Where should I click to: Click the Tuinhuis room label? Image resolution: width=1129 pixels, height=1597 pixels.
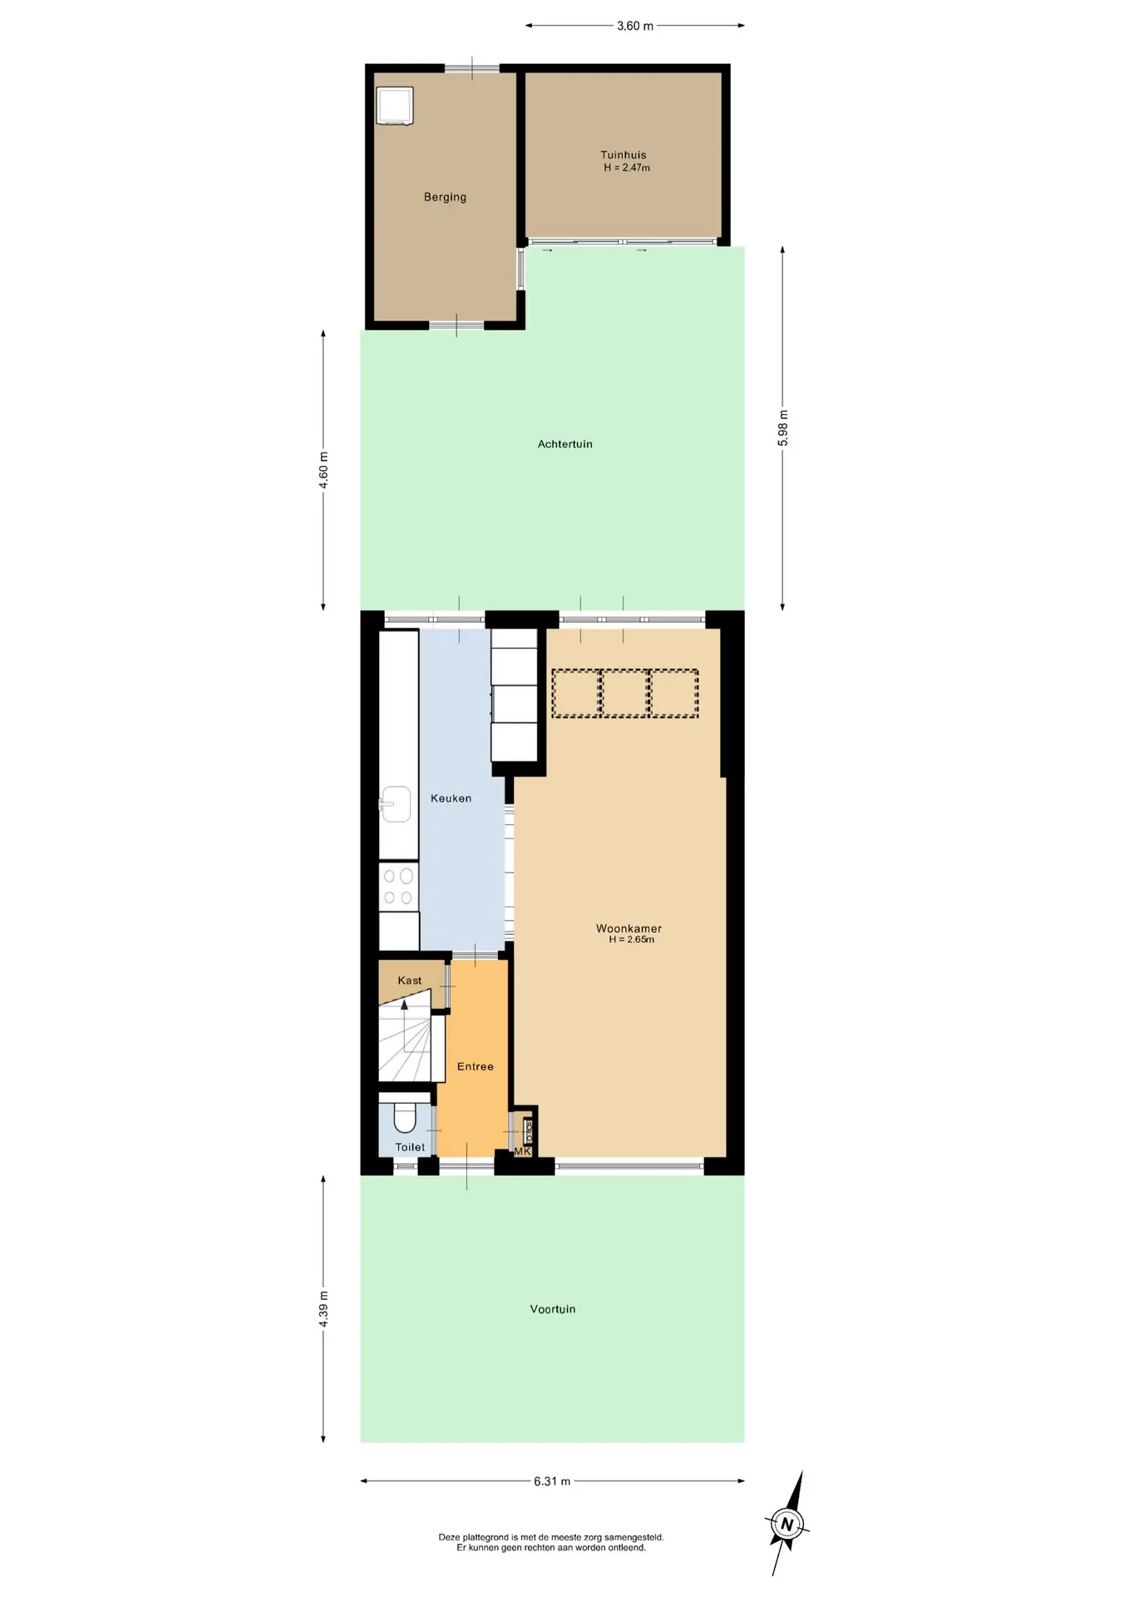(x=624, y=155)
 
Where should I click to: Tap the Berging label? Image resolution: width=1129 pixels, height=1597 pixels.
(x=445, y=197)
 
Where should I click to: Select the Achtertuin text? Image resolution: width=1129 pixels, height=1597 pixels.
(x=565, y=444)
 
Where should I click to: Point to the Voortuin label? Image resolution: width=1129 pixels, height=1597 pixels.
(x=553, y=1309)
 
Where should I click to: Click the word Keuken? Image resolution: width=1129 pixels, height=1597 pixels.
(x=451, y=798)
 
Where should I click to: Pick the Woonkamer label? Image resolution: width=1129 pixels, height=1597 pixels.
(x=629, y=928)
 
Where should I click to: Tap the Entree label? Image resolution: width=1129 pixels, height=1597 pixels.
(x=476, y=1066)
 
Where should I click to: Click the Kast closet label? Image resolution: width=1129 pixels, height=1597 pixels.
(x=410, y=981)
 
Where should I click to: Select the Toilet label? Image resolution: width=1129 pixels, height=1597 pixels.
(x=410, y=1147)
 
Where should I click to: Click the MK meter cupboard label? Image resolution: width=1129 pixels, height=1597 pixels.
(x=522, y=1151)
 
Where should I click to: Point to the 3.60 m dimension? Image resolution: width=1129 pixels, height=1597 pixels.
(x=635, y=26)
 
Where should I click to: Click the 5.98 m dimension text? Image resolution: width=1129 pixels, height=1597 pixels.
(x=783, y=428)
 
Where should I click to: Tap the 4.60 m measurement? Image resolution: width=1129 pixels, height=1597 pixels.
(x=323, y=471)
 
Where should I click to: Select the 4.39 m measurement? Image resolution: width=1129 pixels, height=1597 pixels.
(x=323, y=1309)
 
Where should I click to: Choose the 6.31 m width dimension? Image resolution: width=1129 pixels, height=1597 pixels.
(x=552, y=1481)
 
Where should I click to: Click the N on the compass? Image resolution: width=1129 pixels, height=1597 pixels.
(x=786, y=1525)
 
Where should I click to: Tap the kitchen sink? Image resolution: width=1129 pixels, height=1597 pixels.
(x=396, y=804)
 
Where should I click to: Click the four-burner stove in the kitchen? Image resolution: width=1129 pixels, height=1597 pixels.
(x=398, y=887)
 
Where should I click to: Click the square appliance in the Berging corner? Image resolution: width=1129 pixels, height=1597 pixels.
(x=394, y=106)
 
